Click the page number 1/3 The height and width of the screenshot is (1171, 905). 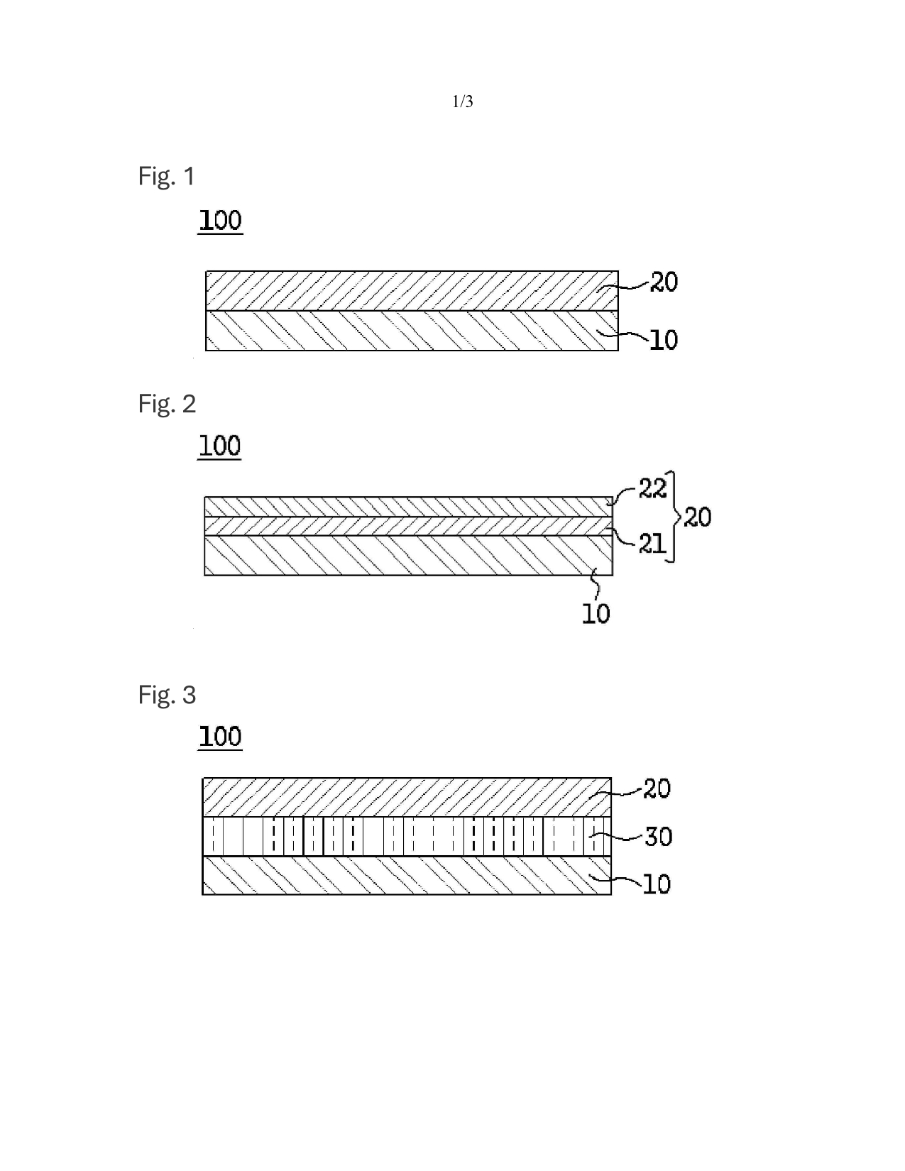(x=462, y=102)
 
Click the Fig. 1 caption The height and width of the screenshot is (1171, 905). (x=166, y=176)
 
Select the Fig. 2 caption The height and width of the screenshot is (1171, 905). (x=167, y=404)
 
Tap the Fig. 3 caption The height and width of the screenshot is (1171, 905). (x=167, y=695)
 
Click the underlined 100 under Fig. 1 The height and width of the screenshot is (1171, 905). (x=221, y=221)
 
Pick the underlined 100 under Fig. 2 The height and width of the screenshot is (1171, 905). (x=219, y=446)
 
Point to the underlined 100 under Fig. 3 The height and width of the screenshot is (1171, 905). (x=220, y=737)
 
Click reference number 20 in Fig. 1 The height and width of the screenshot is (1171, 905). (x=664, y=282)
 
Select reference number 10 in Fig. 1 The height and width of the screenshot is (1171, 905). (x=664, y=341)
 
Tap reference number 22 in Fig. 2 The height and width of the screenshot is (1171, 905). (x=652, y=489)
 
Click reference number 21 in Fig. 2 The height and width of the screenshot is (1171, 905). (x=652, y=544)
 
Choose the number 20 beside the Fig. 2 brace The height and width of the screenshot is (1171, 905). (x=697, y=517)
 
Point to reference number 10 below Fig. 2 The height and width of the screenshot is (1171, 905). (x=596, y=614)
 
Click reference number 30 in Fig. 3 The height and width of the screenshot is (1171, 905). (x=658, y=837)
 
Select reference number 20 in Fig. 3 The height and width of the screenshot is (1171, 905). (x=657, y=788)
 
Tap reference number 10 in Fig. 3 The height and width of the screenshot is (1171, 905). (x=657, y=884)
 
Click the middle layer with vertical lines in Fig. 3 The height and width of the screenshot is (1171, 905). (x=407, y=837)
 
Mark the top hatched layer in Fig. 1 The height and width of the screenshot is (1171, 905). (x=412, y=291)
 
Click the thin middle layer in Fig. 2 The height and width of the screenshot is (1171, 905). (x=408, y=526)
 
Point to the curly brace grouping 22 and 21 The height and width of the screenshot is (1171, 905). (x=673, y=517)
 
